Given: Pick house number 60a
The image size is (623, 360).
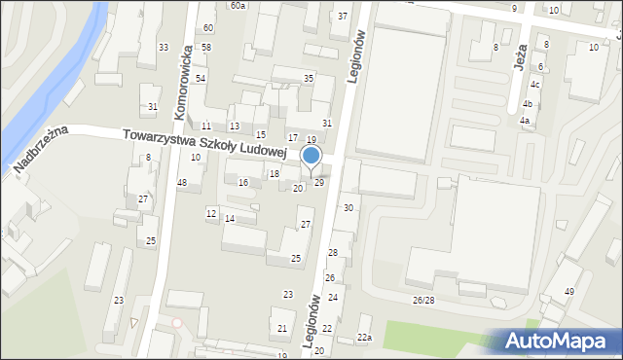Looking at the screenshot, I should (x=238, y=5).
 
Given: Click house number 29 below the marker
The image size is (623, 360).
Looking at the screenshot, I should (x=318, y=183).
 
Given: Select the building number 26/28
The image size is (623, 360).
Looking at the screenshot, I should (x=423, y=300).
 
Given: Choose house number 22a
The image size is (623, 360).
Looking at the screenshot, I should (x=364, y=337).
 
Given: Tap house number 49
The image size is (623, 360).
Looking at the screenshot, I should (x=569, y=292).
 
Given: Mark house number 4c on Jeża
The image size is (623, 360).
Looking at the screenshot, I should (x=534, y=84).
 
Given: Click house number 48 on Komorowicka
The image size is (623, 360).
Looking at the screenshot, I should (x=182, y=183).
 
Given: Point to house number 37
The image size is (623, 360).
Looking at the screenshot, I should (x=342, y=17).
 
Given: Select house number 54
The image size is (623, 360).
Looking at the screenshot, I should (x=201, y=78).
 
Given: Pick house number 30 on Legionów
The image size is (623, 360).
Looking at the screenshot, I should (x=348, y=208).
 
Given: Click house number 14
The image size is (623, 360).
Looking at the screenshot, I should (x=230, y=219).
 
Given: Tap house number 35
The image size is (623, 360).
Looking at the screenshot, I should (x=309, y=78).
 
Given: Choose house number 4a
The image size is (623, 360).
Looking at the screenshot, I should (x=525, y=121).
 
